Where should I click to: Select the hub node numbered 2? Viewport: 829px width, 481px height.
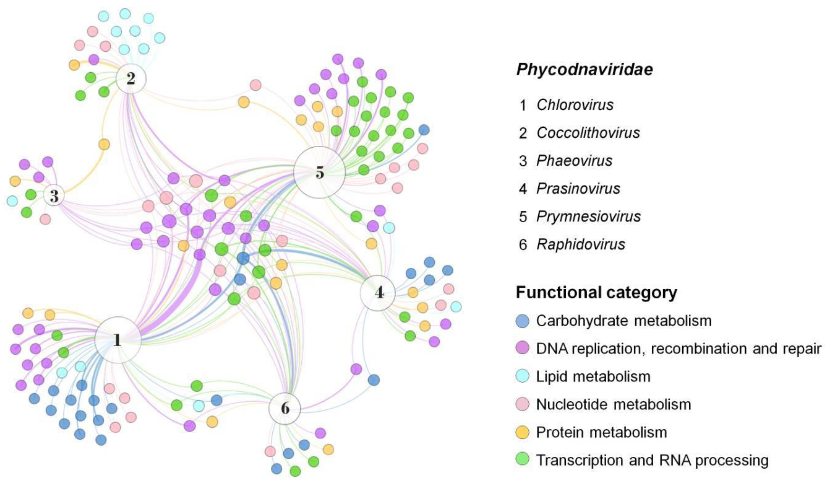coord(131,79)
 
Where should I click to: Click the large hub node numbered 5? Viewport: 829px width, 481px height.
coord(320,172)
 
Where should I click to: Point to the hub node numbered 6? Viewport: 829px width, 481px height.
coord(285,408)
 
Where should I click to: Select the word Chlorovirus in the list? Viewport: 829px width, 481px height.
coord(575,105)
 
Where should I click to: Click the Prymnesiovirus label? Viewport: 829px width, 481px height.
coord(588,216)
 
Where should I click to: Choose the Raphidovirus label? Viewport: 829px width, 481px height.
coord(581,244)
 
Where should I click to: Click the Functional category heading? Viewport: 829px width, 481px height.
coord(596,292)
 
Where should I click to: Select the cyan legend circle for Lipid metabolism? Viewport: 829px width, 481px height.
coord(522,376)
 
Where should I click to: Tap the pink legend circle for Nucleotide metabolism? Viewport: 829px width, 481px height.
coord(522,404)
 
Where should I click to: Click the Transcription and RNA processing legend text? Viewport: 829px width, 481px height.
coord(652,460)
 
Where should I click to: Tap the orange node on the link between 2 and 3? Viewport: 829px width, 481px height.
coord(104,144)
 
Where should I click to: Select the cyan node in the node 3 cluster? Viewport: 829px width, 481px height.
coord(12,201)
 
